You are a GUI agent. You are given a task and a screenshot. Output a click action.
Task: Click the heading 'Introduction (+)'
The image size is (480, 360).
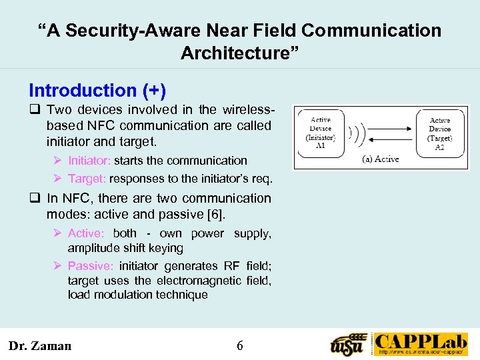97,90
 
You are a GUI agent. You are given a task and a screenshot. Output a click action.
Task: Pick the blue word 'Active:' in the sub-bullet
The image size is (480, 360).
86,233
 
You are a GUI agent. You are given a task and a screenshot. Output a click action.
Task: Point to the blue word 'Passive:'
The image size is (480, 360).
91,266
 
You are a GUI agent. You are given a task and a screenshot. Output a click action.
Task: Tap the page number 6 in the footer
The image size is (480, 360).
240,345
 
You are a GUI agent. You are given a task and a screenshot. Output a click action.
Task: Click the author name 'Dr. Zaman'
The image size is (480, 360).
39,345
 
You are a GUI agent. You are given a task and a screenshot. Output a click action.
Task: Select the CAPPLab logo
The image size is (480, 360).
420,344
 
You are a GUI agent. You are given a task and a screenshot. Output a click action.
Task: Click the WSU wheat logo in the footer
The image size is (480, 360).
349,345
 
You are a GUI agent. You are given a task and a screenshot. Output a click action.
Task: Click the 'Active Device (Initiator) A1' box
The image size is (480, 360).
321,133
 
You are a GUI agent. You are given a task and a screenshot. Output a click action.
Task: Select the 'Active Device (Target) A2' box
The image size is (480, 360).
439,133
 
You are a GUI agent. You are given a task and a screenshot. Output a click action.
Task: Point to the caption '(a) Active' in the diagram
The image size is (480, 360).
380,159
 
